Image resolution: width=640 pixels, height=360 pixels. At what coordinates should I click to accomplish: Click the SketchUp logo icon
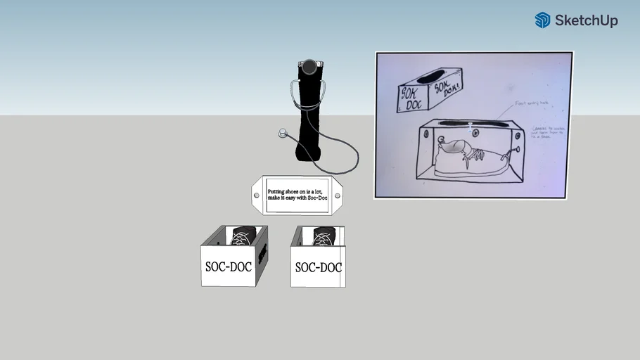pyautogui.click(x=542, y=20)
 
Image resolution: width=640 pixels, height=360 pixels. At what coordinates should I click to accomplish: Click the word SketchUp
pyautogui.click(x=586, y=21)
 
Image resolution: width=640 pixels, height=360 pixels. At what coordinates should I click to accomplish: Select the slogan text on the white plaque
pyautogui.click(x=297, y=194)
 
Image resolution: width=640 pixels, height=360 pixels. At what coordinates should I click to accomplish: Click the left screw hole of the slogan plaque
pyautogui.click(x=257, y=195)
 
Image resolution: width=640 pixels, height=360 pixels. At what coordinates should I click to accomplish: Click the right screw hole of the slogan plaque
pyautogui.click(x=337, y=195)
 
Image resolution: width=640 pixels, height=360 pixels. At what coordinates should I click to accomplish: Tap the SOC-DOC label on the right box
pyautogui.click(x=318, y=267)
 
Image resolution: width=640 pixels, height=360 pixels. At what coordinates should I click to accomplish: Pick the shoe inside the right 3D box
pyautogui.click(x=324, y=237)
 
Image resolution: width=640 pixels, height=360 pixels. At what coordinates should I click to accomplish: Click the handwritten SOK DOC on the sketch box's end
pyautogui.click(x=409, y=96)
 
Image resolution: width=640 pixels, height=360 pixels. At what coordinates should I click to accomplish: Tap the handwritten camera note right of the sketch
pyautogui.click(x=549, y=131)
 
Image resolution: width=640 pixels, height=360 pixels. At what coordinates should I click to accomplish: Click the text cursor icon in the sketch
pyautogui.click(x=470, y=127)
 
